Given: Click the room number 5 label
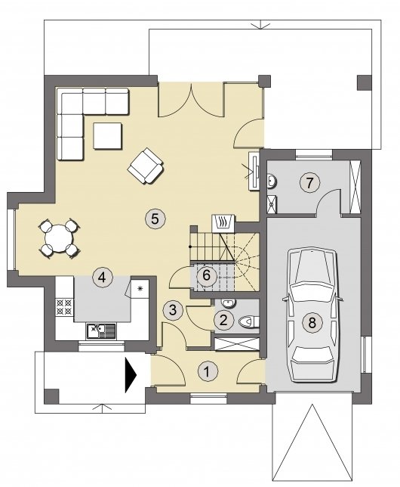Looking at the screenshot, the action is (x=155, y=219).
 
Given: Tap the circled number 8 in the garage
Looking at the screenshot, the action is (x=312, y=322).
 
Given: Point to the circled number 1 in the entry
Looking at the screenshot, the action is (x=208, y=371).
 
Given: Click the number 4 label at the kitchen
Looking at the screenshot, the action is (x=102, y=276).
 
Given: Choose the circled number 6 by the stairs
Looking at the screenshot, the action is (x=207, y=275).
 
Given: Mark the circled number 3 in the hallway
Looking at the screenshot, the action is (x=173, y=310).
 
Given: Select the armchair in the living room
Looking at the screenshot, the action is (x=146, y=166).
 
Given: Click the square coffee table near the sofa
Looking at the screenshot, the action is (x=107, y=136).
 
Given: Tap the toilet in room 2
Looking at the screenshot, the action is (x=249, y=321).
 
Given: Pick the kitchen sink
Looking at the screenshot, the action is (x=101, y=331).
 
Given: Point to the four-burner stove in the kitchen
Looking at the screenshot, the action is (x=64, y=307).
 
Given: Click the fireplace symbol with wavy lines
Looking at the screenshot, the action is (x=222, y=222).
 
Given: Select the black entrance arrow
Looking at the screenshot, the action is (x=131, y=375).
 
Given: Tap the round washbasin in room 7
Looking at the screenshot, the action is (x=272, y=181).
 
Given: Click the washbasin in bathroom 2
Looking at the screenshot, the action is (x=229, y=302).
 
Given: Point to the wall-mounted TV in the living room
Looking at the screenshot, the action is (x=254, y=170).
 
